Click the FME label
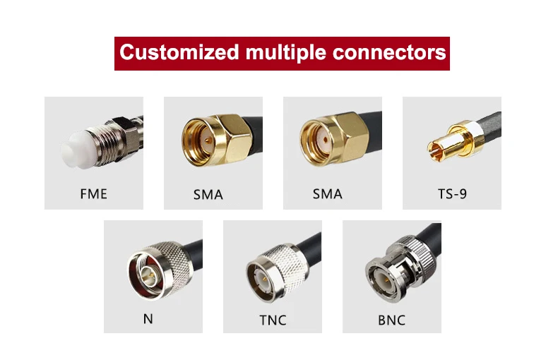click(94, 193)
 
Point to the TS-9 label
click(452, 193)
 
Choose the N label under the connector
click(148, 318)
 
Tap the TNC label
click(273, 320)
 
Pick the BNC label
click(391, 320)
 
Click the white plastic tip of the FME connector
click(73, 152)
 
